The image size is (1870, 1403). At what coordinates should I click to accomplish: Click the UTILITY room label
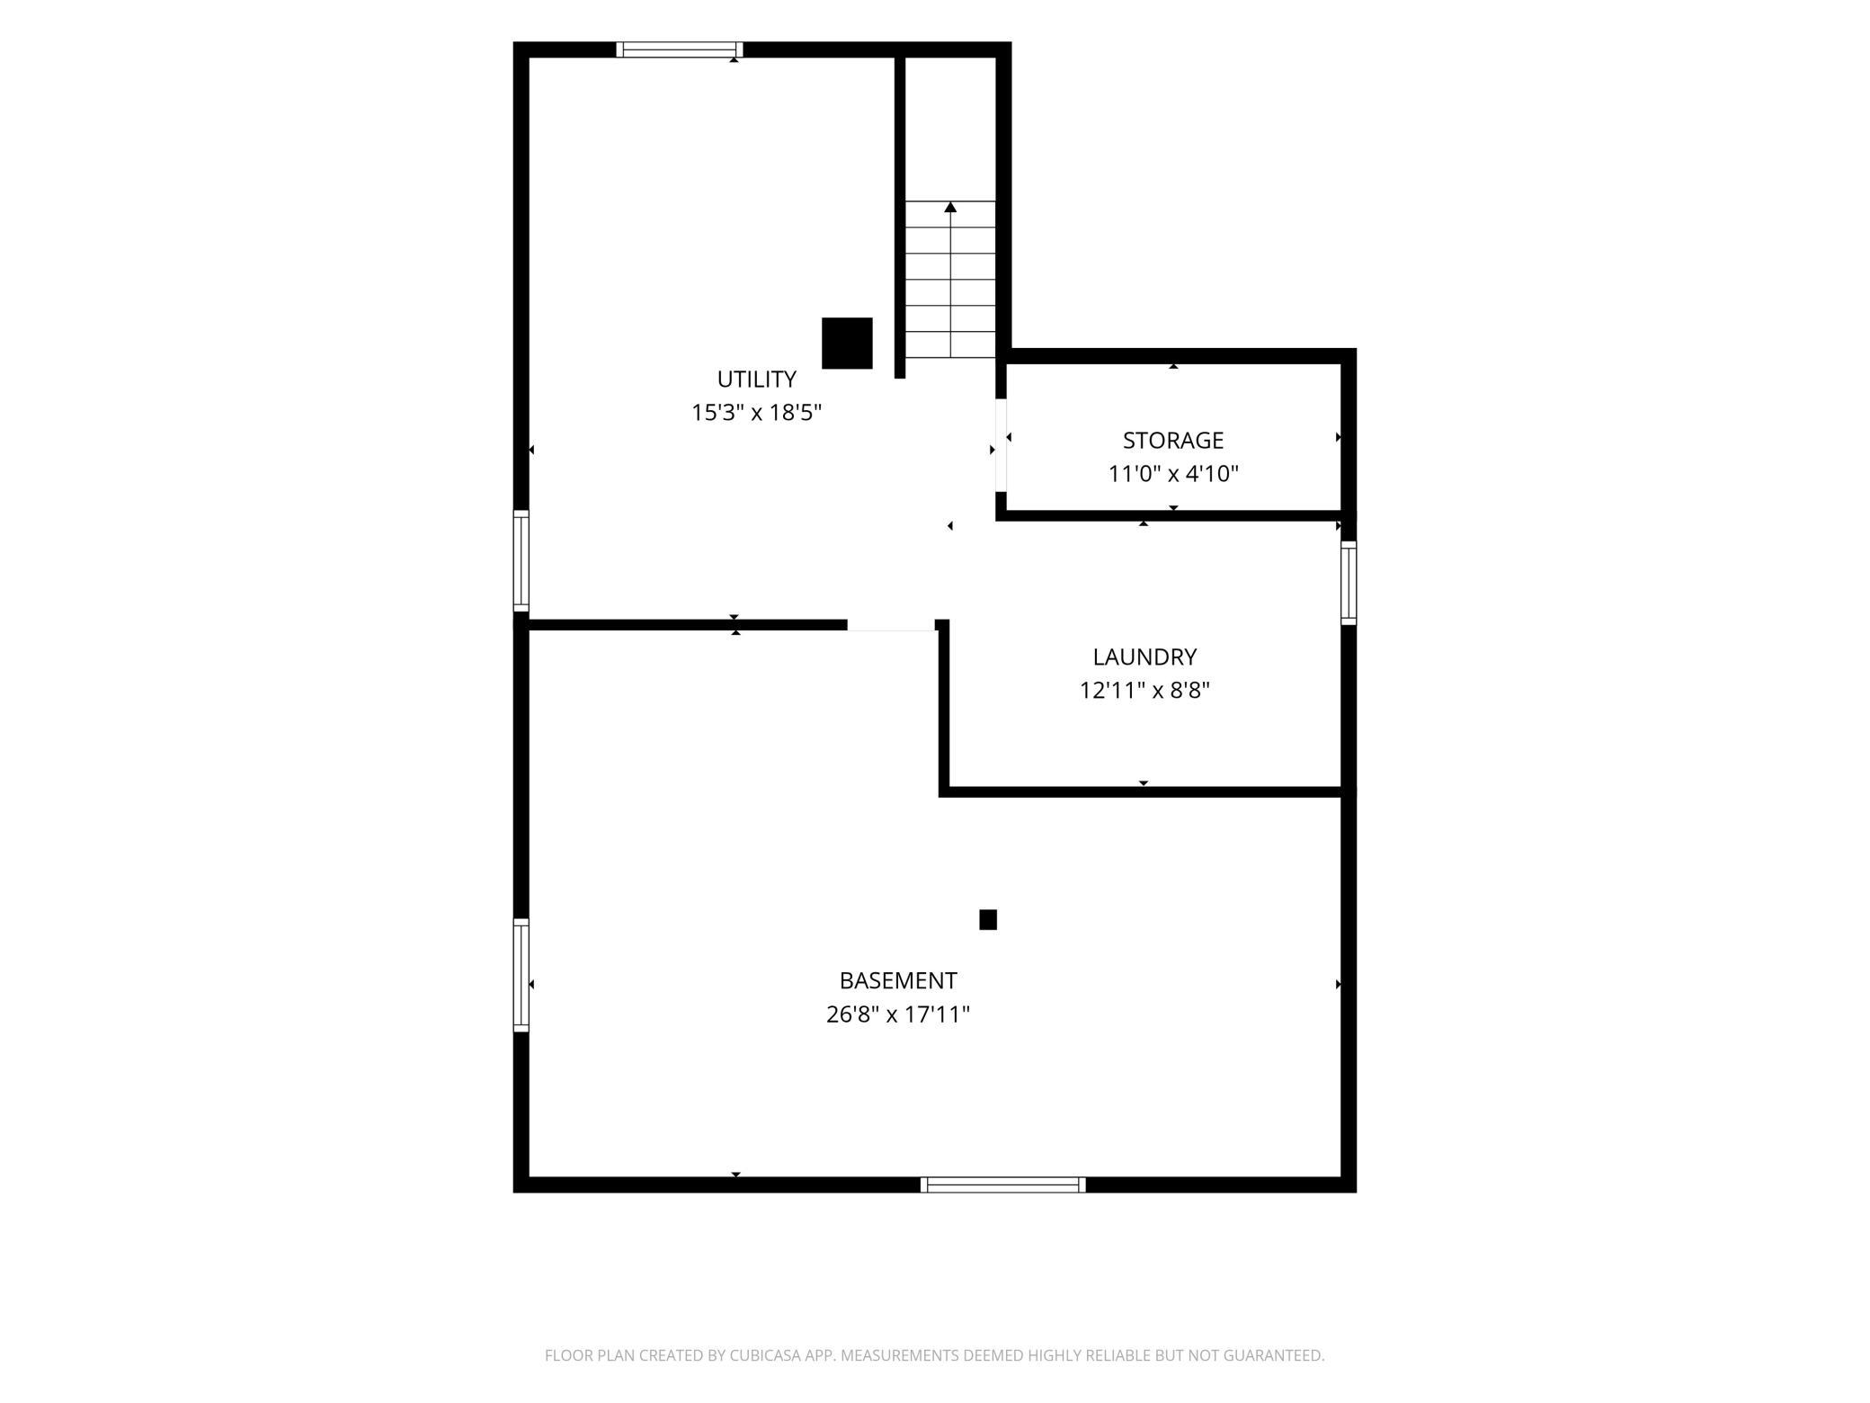point(756,379)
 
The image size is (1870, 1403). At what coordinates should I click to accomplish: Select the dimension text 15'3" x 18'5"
point(756,413)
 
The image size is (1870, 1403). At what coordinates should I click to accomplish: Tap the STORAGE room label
point(1172,440)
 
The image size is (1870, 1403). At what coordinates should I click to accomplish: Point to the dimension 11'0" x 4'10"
point(1172,474)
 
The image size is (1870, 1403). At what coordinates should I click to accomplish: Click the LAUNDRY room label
point(1144,657)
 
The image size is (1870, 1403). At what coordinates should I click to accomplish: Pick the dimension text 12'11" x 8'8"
point(1144,691)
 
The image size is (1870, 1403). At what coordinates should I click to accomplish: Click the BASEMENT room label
point(898,980)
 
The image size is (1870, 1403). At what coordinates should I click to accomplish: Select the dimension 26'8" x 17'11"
point(898,1014)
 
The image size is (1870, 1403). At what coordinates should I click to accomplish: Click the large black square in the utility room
point(847,343)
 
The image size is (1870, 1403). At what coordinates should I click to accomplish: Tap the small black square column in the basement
point(988,919)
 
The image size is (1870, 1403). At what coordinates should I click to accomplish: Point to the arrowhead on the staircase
point(950,208)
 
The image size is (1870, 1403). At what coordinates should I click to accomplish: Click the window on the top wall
point(680,49)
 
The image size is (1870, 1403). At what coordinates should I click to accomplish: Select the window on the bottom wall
point(1003,1184)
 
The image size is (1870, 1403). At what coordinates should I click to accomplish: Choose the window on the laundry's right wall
point(1349,583)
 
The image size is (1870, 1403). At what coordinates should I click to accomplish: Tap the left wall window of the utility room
point(521,561)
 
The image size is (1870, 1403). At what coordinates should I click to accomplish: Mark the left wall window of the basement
point(521,975)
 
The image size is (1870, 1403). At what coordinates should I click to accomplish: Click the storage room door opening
point(1001,445)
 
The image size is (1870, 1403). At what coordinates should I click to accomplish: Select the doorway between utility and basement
point(892,626)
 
